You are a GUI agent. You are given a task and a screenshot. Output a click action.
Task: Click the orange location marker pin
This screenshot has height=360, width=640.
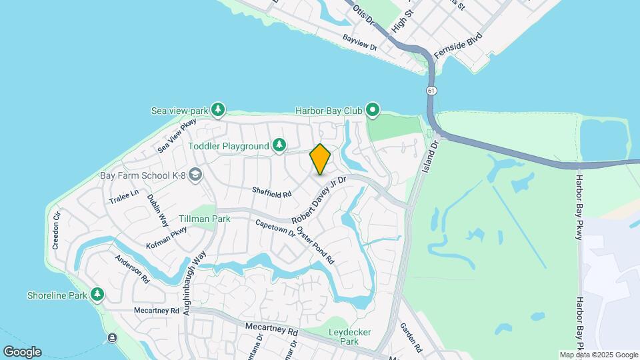(320, 159)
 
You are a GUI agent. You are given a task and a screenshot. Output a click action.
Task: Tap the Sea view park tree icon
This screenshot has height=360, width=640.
(217, 109)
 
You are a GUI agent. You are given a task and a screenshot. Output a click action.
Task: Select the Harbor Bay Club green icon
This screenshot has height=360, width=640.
(372, 109)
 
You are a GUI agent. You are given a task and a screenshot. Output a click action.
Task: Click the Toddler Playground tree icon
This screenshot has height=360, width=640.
(279, 145)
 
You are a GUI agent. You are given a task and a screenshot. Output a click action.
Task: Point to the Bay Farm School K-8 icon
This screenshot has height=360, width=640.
(195, 175)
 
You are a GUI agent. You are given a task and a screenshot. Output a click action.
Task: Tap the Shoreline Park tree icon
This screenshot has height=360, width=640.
(97, 294)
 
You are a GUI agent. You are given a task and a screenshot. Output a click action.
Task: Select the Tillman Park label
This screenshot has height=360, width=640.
(204, 218)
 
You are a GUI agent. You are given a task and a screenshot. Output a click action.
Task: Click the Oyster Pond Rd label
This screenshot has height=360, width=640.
(315, 244)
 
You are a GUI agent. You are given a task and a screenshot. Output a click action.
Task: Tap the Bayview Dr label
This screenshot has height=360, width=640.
(360, 43)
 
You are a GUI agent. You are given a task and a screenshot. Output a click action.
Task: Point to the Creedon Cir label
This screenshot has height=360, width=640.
(57, 230)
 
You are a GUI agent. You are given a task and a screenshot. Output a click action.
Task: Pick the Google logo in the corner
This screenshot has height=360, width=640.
(22, 351)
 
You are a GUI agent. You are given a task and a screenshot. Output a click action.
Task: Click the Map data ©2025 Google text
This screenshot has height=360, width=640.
(598, 355)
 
